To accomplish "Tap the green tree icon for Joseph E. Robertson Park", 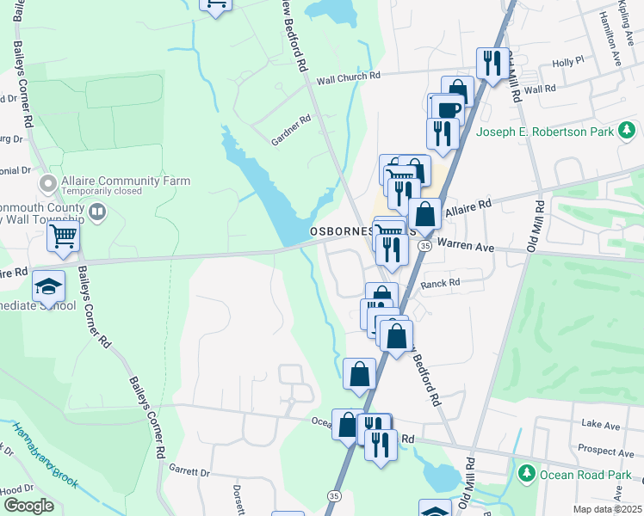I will coord(628,131).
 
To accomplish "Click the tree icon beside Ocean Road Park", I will coord(526,473).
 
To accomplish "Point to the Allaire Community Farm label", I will coord(126,181).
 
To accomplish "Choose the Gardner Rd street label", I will coord(289,126).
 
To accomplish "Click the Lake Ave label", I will coord(600,425).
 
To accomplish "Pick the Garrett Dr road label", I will coord(189,472).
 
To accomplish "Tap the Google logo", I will coord(28,505).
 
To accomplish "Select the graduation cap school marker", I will coord(49,287).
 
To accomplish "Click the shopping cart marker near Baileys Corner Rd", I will coord(64,235).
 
